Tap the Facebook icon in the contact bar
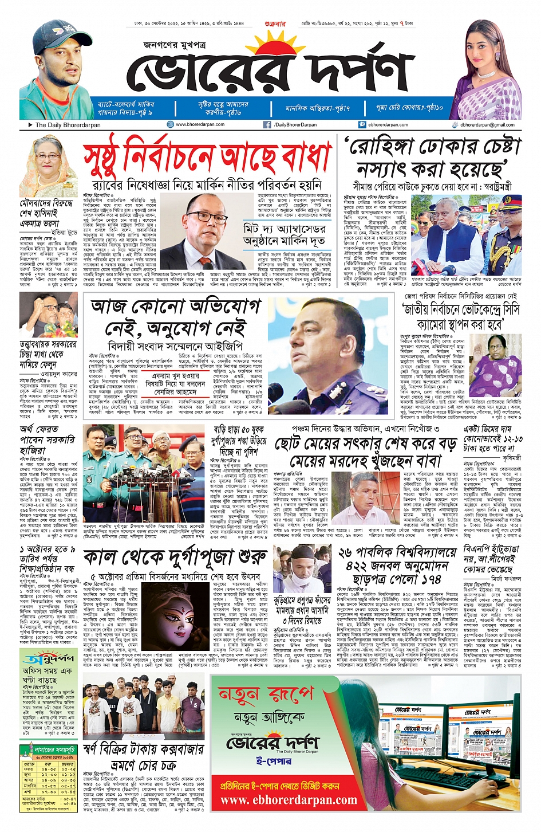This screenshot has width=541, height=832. [x=267, y=124]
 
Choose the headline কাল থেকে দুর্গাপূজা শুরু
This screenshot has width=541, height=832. [x=175, y=558]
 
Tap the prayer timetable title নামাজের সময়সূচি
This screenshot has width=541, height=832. [x=54, y=749]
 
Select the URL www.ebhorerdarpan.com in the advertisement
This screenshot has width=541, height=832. [x=289, y=800]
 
